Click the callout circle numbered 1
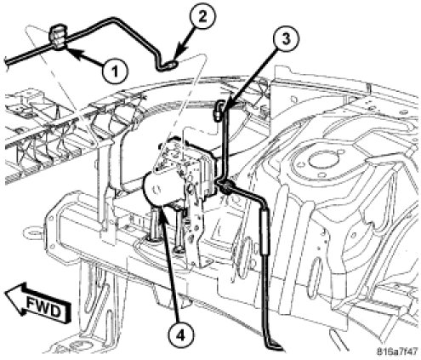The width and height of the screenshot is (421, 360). coord(115,70)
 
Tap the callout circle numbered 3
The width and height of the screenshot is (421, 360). coord(286,39)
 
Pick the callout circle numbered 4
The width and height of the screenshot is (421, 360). coord(180,336)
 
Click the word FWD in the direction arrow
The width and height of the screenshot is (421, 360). coord(43,307)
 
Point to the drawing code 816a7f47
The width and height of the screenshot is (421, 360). coord(397,351)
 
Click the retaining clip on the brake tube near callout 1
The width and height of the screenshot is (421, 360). coord(59,37)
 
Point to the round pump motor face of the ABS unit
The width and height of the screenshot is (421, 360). coord(156,188)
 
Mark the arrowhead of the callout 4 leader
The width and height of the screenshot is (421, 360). coord(163,214)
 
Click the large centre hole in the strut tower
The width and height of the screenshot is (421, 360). coord(320,161)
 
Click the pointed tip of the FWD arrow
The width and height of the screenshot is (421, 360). coord(5,294)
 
